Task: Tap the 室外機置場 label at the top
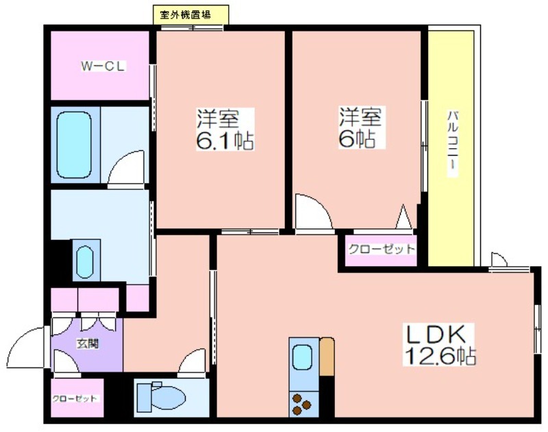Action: tap(185, 15)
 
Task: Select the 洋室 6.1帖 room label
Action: tap(225, 130)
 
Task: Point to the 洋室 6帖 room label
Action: tap(361, 128)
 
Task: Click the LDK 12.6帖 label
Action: tap(439, 344)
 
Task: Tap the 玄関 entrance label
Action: tap(88, 344)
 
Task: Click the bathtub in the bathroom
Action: tap(74, 145)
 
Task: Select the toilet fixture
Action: tap(161, 398)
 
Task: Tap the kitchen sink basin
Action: tap(302, 357)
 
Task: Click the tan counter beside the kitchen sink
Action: tap(327, 357)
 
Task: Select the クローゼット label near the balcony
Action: tap(382, 250)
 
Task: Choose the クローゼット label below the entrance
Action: tap(75, 399)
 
